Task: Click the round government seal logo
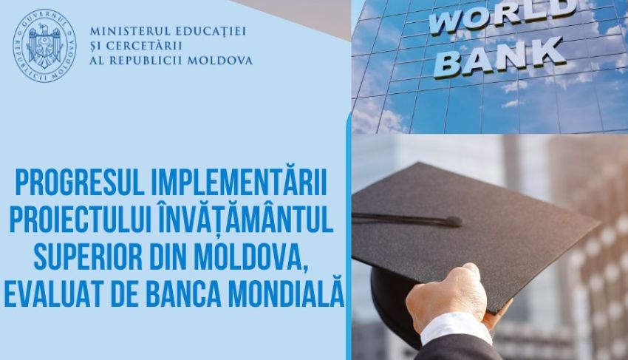coord(44,45)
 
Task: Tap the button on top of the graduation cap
coord(454,220)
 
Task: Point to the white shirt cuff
coord(454,329)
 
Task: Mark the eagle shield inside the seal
coord(44,45)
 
